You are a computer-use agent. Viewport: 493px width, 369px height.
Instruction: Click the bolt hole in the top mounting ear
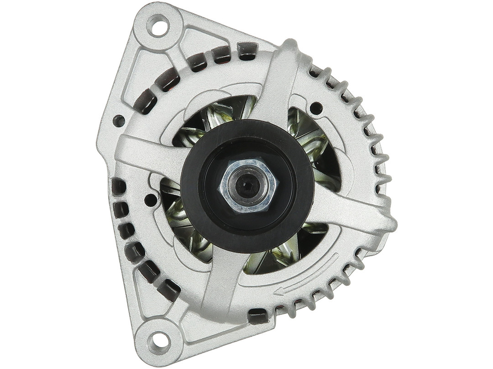[158, 26]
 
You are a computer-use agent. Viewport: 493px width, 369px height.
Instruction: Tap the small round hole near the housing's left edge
[118, 121]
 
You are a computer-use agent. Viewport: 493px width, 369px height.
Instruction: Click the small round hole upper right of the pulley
[316, 108]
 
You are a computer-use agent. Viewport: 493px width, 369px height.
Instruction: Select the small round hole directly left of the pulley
[150, 200]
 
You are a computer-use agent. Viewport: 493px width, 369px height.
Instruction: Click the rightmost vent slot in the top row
[247, 51]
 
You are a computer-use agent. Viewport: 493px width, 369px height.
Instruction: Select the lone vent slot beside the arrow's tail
[258, 315]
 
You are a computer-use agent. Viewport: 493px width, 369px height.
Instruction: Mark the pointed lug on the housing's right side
[388, 223]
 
